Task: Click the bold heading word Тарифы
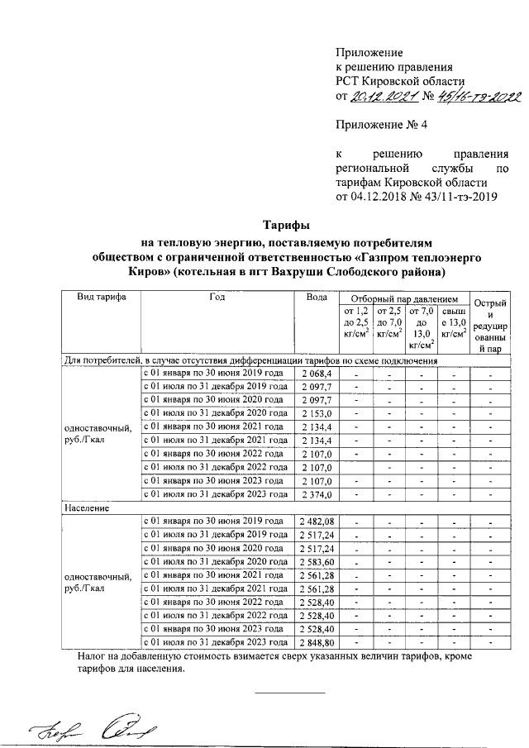pyautogui.click(x=286, y=225)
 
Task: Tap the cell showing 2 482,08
pyautogui.click(x=316, y=522)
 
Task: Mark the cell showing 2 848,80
pyautogui.click(x=316, y=641)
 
